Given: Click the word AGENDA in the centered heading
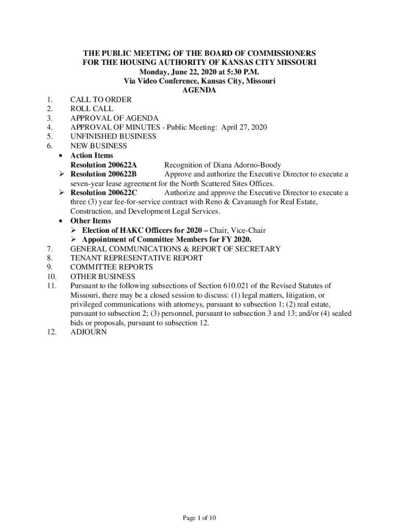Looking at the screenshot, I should tap(199, 90).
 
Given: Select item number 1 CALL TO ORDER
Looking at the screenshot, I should tap(101, 100).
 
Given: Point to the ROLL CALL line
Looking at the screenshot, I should tap(91, 109).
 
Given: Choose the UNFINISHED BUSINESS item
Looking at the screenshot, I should tap(113, 137).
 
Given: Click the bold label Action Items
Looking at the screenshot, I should tap(92, 156).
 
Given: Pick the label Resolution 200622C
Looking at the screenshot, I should tap(104, 193).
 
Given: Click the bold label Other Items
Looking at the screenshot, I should tap(91, 221).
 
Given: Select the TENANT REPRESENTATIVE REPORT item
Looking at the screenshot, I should tap(137, 258).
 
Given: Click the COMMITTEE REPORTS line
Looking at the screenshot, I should tap(111, 268).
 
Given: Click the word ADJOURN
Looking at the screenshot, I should tap(88, 333).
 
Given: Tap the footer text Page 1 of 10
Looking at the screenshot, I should tap(199, 518).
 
